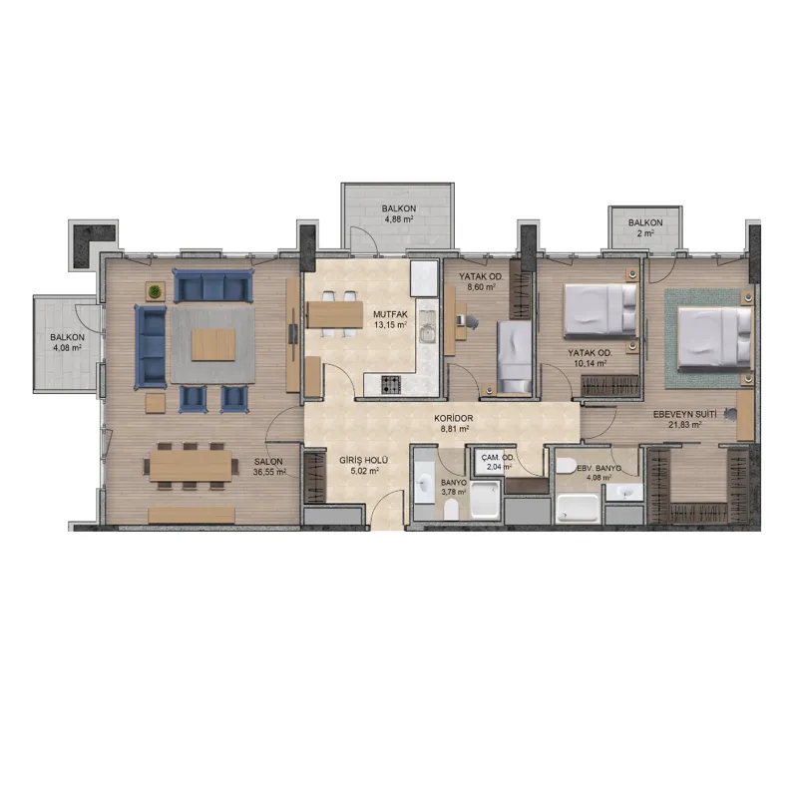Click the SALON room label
[268, 462]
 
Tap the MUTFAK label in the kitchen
[390, 314]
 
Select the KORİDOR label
[454, 418]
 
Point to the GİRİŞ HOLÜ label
[364, 461]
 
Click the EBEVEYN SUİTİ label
[684, 415]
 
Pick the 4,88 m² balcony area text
[398, 219]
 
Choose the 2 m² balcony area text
[645, 233]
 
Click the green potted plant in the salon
[155, 291]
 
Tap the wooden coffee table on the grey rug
[213, 344]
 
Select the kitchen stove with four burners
[391, 385]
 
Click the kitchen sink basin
[428, 334]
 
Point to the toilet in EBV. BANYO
[565, 466]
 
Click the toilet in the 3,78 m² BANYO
[451, 510]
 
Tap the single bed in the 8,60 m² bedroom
[515, 357]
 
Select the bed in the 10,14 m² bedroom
[600, 311]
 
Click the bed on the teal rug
[714, 336]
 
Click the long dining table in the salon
[191, 466]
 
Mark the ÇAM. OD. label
[498, 457]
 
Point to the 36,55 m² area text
[268, 472]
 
